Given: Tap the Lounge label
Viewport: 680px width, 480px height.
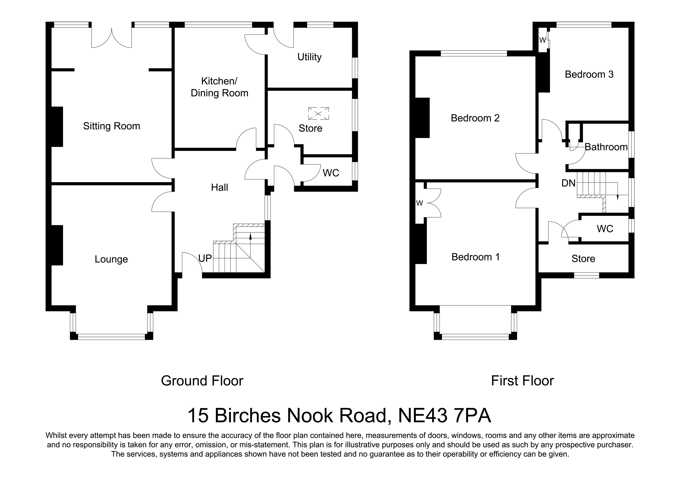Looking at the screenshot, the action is pyautogui.click(x=111, y=259).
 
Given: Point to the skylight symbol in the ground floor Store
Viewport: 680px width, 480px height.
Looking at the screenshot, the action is pyautogui.click(x=318, y=113).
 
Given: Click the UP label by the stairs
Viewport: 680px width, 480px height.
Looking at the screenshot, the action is pyautogui.click(x=205, y=258).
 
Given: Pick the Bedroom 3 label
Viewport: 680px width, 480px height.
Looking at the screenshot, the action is pyautogui.click(x=589, y=74).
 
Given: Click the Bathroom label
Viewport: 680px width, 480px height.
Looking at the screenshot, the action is pyautogui.click(x=606, y=147).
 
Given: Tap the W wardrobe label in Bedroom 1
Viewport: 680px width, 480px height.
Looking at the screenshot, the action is pyautogui.click(x=419, y=203).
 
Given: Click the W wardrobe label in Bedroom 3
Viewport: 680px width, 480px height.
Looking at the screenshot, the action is pyautogui.click(x=542, y=40).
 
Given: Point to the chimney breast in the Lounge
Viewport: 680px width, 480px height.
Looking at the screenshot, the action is pyautogui.click(x=57, y=245).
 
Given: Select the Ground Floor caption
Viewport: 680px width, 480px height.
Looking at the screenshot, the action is pyautogui.click(x=202, y=381).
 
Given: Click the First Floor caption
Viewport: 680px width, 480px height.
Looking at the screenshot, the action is pyautogui.click(x=522, y=381).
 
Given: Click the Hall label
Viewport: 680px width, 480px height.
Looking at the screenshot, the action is pyautogui.click(x=220, y=188).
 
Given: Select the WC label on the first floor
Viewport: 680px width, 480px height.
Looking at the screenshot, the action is pyautogui.click(x=605, y=229).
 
